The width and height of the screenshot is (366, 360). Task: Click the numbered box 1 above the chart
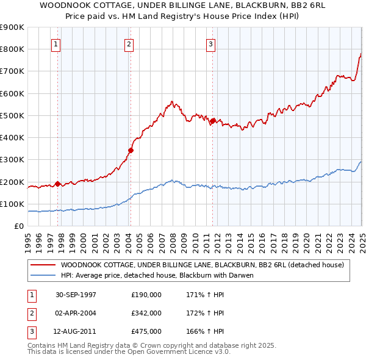[56, 43]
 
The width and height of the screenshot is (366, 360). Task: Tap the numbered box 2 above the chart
[129, 43]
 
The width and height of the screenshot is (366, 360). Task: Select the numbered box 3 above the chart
[210, 43]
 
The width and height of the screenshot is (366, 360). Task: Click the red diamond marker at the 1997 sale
[58, 184]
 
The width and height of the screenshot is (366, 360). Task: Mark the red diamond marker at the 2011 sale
[213, 121]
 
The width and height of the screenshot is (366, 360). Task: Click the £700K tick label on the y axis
[12, 71]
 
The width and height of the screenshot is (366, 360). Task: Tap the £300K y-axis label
[12, 160]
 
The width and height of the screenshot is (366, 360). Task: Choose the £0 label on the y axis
[18, 226]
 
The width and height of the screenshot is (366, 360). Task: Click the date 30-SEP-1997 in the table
[76, 295]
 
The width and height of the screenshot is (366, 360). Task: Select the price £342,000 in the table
[146, 313]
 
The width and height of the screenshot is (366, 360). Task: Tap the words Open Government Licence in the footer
[190, 353]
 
